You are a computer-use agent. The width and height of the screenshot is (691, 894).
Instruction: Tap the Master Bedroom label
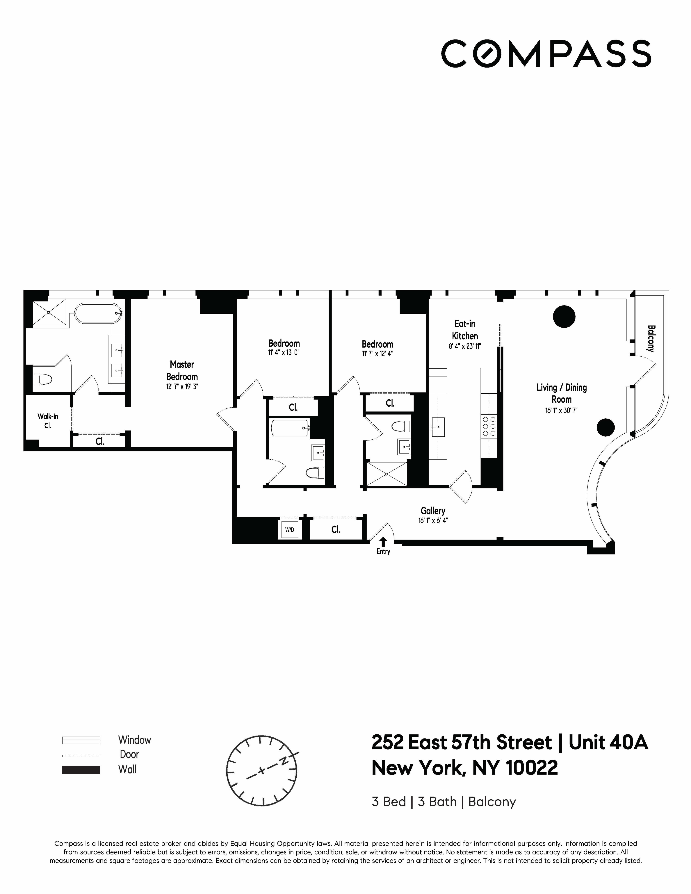tap(182, 370)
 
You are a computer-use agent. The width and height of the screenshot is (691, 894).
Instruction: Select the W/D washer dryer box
tap(289, 530)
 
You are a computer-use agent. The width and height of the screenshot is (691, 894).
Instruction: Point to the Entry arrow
tap(383, 542)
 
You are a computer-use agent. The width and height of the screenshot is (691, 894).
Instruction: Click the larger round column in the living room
tap(564, 316)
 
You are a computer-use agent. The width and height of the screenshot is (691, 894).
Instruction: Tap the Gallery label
tap(433, 511)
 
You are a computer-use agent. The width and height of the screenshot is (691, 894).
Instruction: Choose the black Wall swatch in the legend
tap(81, 770)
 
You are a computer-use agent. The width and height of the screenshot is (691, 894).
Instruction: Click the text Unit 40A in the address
tap(608, 743)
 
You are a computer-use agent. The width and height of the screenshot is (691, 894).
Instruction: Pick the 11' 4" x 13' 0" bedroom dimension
tap(284, 352)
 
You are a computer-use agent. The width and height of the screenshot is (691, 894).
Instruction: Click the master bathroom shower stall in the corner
tap(49, 312)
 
